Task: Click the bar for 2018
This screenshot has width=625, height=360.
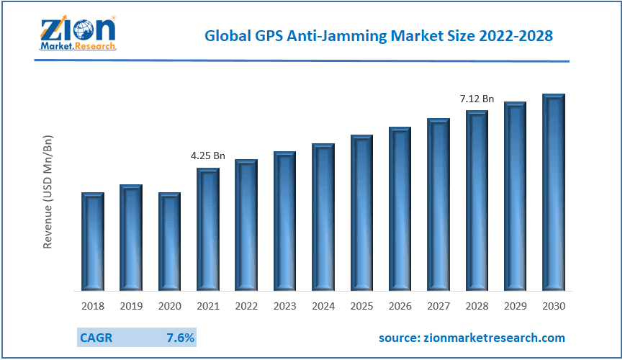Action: point(93,242)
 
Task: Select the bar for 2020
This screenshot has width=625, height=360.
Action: point(170,242)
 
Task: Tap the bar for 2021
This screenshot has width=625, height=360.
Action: point(208,230)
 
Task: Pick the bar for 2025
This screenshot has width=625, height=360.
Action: point(362,213)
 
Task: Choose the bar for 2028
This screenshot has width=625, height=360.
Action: point(477,201)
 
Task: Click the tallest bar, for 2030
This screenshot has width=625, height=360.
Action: point(554,192)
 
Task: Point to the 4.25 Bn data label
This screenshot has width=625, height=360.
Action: point(208,156)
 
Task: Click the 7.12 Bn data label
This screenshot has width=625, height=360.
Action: point(477,99)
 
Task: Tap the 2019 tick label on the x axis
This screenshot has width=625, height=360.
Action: point(131,306)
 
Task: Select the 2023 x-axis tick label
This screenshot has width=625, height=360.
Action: point(285,306)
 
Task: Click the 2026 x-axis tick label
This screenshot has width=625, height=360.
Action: point(400,306)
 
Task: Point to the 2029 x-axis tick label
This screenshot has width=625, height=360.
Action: point(516,306)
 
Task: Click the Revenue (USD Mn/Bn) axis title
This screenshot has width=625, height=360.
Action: point(48,191)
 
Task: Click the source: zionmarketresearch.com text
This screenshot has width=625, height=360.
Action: point(472,338)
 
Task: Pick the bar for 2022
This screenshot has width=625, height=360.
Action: point(246,225)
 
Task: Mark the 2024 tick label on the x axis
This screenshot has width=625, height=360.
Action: point(323,306)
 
